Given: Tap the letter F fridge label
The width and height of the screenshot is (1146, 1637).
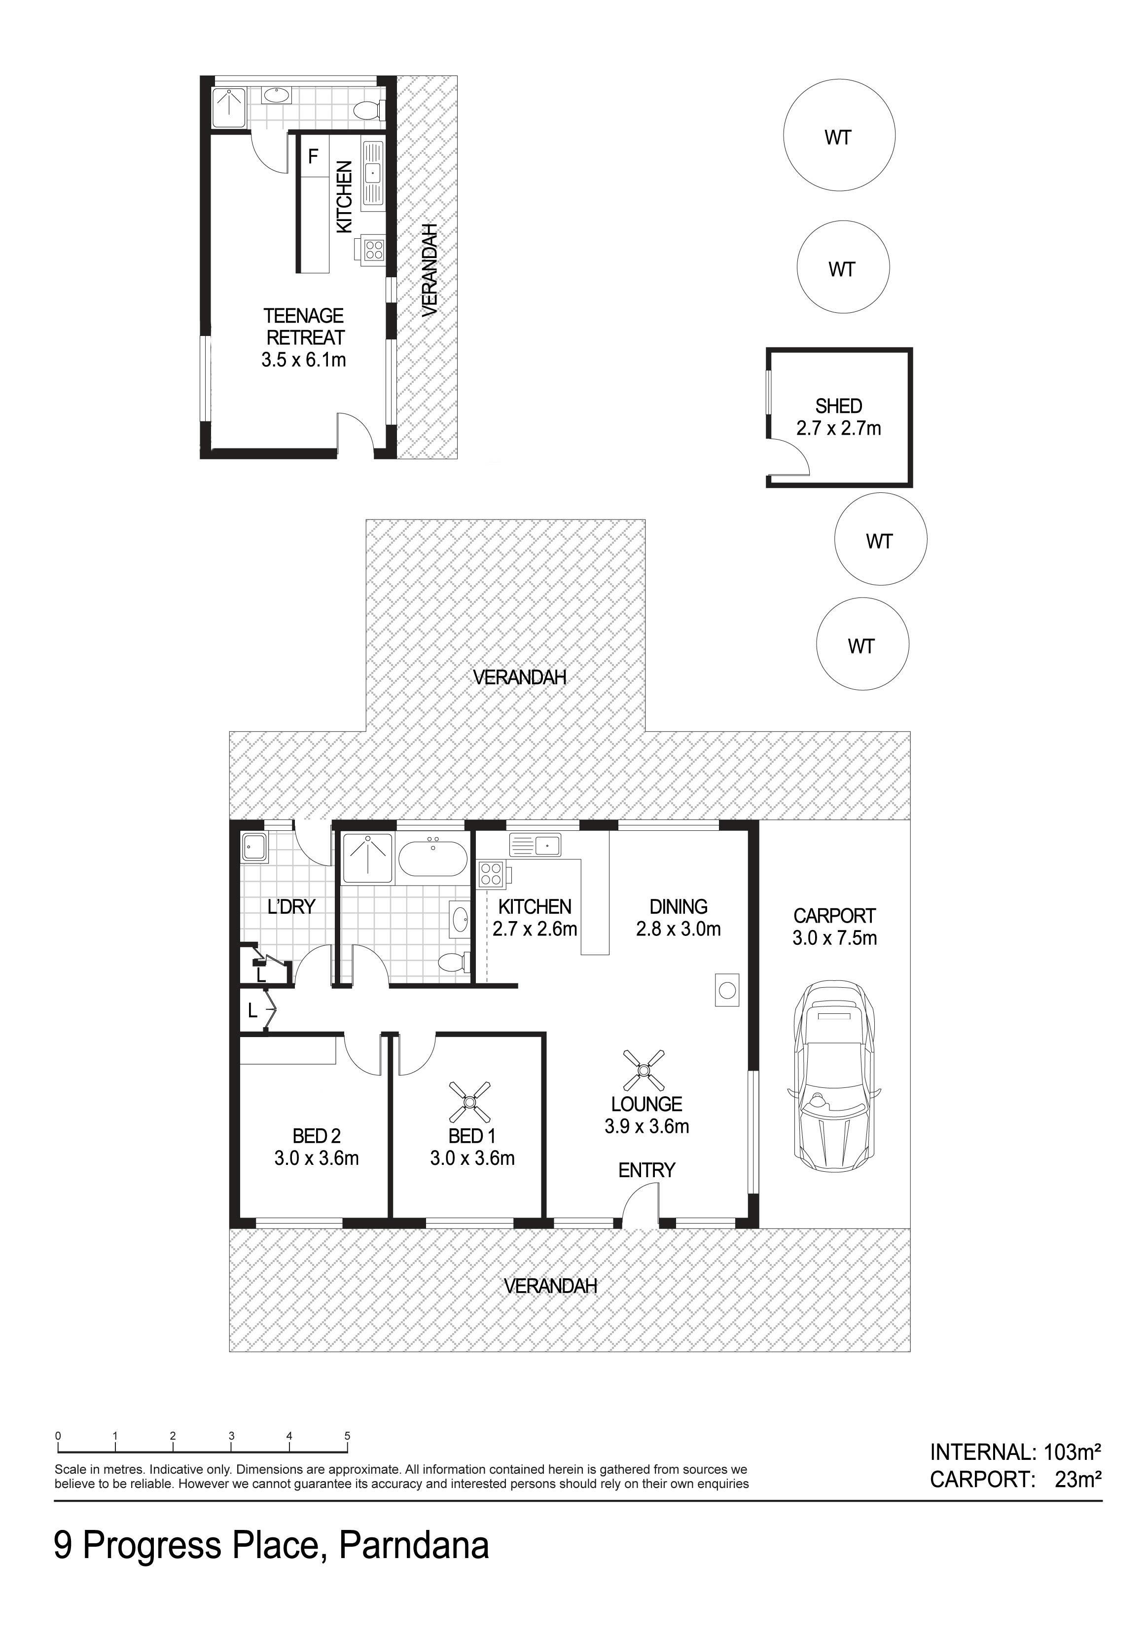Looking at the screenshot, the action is pos(312,156).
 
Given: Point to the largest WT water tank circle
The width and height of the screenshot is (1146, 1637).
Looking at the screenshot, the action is pos(839,135).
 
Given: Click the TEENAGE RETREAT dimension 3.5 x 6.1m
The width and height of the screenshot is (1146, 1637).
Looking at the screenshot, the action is pos(304,359).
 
